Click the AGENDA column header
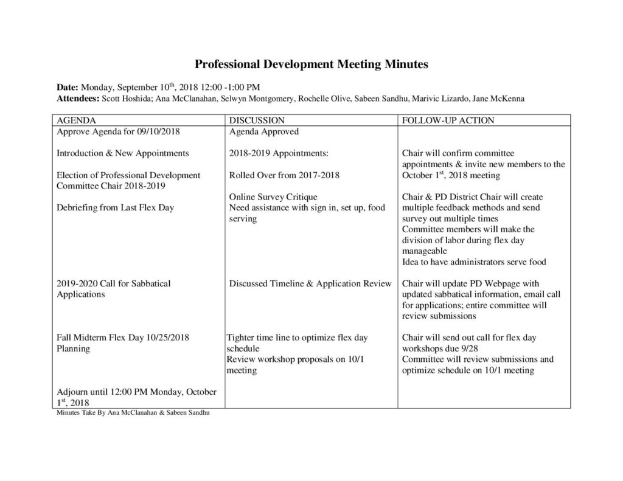point(76,120)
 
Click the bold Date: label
point(68,87)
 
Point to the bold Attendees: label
point(77,98)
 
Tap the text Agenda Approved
point(263,131)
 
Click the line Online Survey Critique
point(273,197)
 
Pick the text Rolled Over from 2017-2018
point(284,175)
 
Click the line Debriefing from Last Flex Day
point(115,208)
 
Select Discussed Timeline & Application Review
point(310,283)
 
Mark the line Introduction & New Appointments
point(122,153)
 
